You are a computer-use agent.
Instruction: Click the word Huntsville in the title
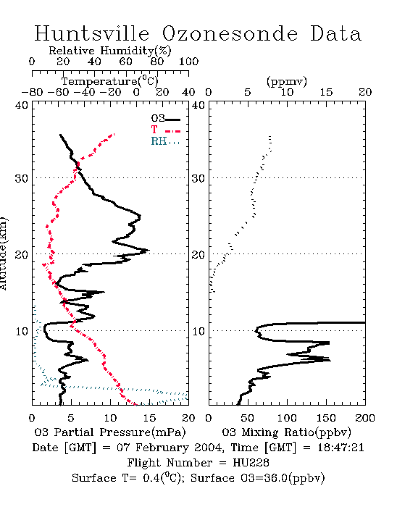coord(92,33)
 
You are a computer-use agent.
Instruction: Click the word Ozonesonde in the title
coord(230,33)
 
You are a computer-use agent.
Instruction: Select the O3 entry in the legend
coord(165,119)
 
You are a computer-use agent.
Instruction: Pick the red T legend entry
coord(165,130)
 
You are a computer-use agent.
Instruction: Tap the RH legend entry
coord(165,141)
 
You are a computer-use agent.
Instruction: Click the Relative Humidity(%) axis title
coord(110,51)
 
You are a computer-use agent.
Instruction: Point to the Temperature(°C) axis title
coord(110,81)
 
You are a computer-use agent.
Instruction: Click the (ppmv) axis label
coord(287,81)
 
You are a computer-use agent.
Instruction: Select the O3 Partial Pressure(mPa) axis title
coord(110,432)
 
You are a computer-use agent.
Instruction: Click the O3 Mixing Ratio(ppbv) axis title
coord(286,432)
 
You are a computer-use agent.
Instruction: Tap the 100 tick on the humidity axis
coord(188,62)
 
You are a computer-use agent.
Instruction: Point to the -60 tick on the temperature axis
coord(58,92)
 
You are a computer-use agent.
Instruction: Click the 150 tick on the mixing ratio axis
coord(326,418)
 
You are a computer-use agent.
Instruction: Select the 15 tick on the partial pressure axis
coord(149,418)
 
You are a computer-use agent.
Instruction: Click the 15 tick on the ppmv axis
coord(326,92)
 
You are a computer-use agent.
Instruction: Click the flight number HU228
coord(251,463)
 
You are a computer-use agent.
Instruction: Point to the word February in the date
coord(162,448)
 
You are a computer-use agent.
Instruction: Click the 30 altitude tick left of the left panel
coord(22,178)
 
